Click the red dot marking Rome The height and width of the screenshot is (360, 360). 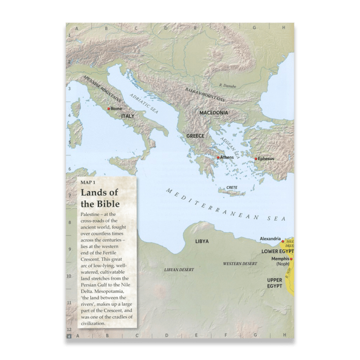click(x=109, y=108)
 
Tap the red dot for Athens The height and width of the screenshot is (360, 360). click(x=217, y=158)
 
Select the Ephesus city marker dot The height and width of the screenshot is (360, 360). click(x=256, y=159)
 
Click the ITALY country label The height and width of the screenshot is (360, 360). click(x=128, y=116)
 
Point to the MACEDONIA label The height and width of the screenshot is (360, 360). click(x=213, y=113)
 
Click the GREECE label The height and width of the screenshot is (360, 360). click(x=195, y=136)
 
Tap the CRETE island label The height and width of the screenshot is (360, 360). click(x=232, y=187)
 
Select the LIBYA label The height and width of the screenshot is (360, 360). click(x=202, y=242)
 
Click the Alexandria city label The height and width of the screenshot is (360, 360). click(x=270, y=239)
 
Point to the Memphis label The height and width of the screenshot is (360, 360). click(x=280, y=259)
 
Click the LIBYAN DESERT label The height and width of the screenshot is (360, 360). click(x=179, y=270)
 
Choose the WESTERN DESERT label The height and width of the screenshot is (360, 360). click(x=240, y=264)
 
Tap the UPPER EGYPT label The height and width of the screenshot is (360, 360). click(x=274, y=283)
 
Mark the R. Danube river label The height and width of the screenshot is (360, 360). click(x=228, y=86)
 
